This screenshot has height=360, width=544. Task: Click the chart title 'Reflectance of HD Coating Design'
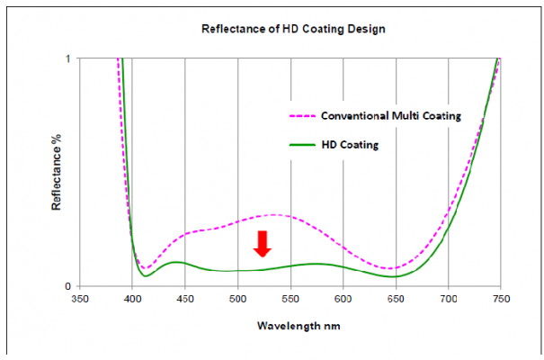pos(292,29)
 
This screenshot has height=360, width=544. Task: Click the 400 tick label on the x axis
pos(132,298)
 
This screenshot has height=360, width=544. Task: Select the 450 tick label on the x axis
pos(184,298)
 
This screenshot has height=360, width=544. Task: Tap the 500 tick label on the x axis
pos(237,298)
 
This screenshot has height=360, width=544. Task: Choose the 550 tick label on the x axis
pos(290,298)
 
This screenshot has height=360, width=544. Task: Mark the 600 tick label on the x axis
pos(343,298)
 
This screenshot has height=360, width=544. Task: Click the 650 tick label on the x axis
pos(396,298)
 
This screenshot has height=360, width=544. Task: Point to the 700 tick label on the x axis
pos(448,298)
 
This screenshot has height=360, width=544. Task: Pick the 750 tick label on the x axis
pos(501,298)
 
